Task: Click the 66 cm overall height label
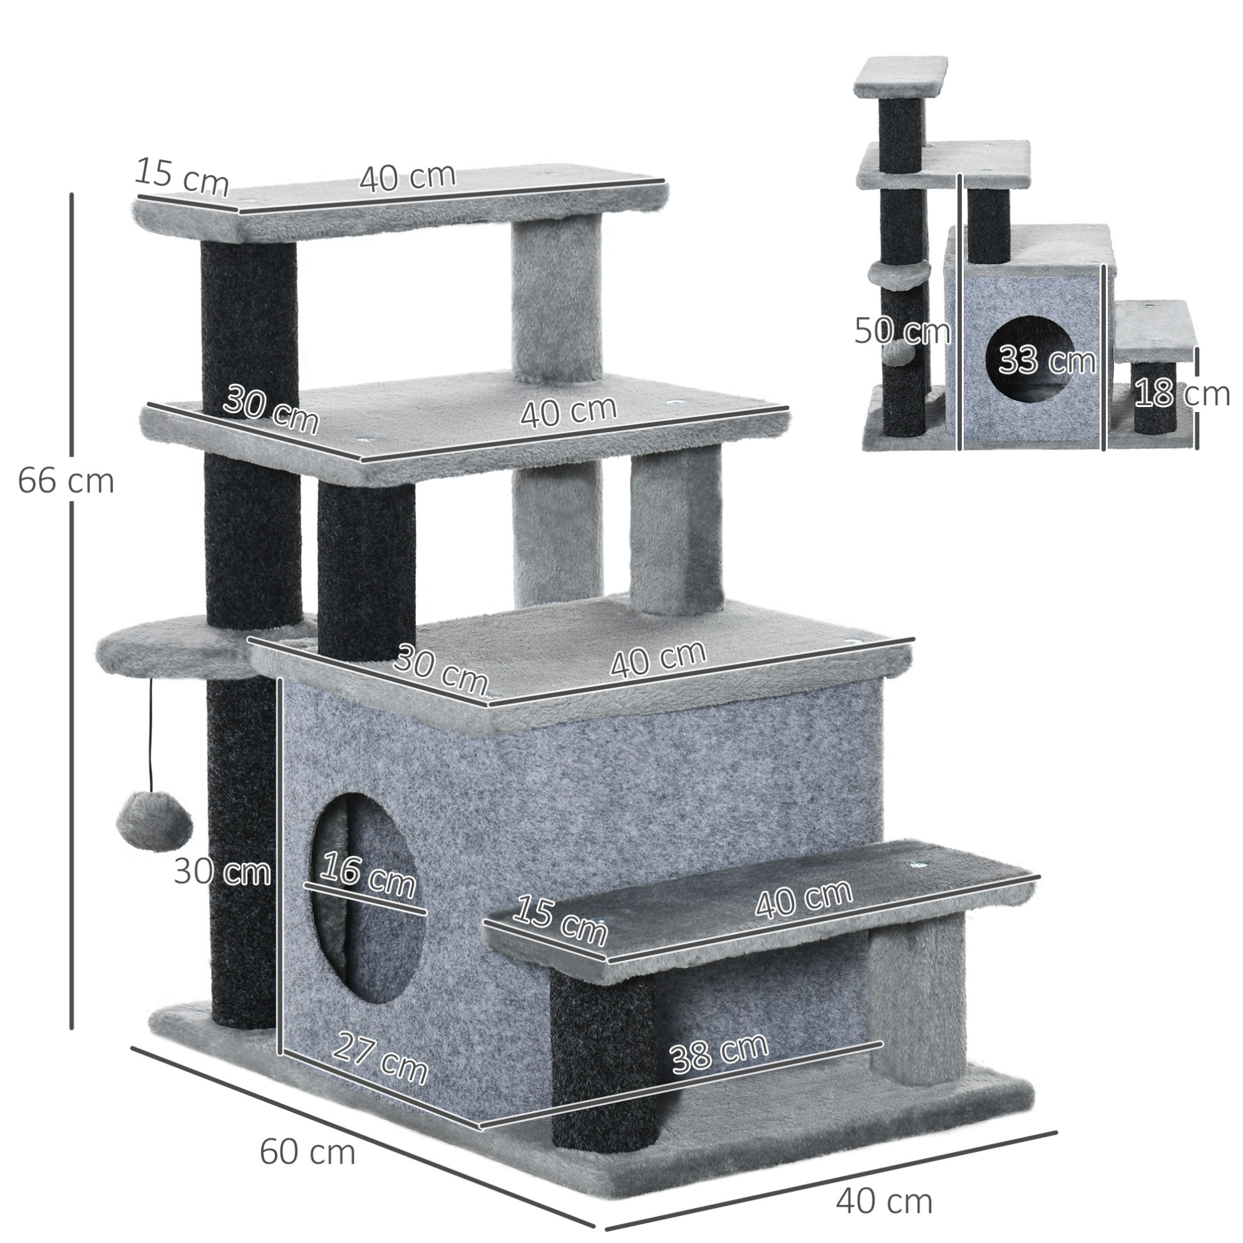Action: [x=66, y=482]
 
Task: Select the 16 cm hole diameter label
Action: [x=368, y=874]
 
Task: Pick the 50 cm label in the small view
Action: [x=902, y=331]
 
